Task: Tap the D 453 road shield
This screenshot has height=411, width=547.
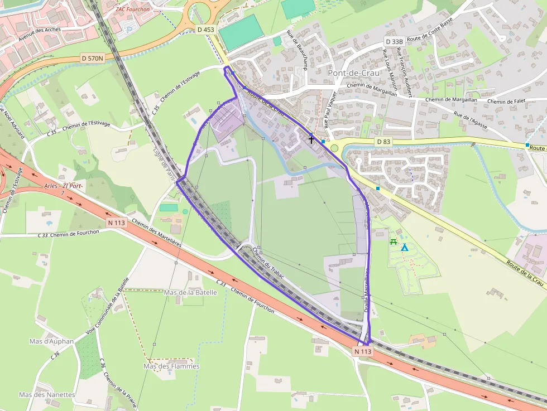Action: click(205, 29)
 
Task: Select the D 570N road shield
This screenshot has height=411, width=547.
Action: click(93, 58)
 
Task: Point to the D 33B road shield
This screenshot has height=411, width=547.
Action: click(394, 42)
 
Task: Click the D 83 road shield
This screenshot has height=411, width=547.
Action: click(383, 142)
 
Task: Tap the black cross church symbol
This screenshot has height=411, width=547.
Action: click(311, 140)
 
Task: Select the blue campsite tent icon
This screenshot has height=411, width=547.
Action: click(405, 247)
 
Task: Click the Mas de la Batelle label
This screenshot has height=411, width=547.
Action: click(190, 292)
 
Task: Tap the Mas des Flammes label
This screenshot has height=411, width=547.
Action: click(171, 366)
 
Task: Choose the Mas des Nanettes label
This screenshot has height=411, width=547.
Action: click(47, 394)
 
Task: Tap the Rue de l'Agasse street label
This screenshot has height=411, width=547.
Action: click(471, 122)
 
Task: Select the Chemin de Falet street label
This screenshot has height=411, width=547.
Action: click(507, 101)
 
